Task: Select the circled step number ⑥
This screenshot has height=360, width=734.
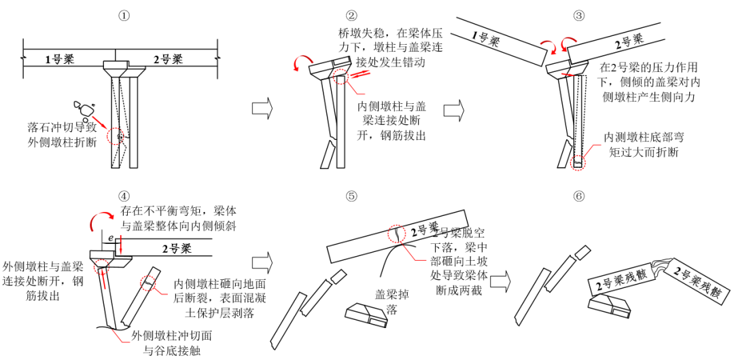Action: [579, 196]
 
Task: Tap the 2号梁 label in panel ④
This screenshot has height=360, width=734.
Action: [176, 249]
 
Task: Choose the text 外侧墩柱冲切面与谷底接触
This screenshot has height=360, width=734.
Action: [162, 343]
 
